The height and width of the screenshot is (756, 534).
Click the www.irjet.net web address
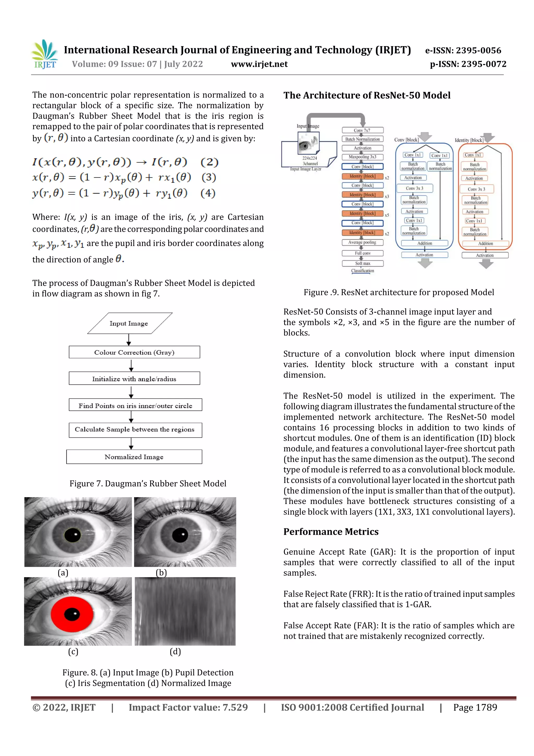(x=259, y=64)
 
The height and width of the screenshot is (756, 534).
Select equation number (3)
(x=209, y=177)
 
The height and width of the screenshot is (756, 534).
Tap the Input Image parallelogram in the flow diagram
(x=129, y=323)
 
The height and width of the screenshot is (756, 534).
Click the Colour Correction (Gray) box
(x=134, y=352)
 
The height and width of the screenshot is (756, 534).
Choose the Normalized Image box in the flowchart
(x=134, y=457)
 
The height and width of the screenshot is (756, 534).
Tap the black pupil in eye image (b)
(x=180, y=535)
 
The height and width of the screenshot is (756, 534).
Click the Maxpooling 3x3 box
(x=362, y=157)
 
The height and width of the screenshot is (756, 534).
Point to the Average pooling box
(x=362, y=243)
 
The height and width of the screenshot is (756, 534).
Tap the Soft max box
(x=362, y=263)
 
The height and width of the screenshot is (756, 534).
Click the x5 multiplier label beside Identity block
(x=387, y=215)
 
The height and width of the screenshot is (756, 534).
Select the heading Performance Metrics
(x=331, y=532)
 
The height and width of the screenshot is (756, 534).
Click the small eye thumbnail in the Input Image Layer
(x=308, y=143)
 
